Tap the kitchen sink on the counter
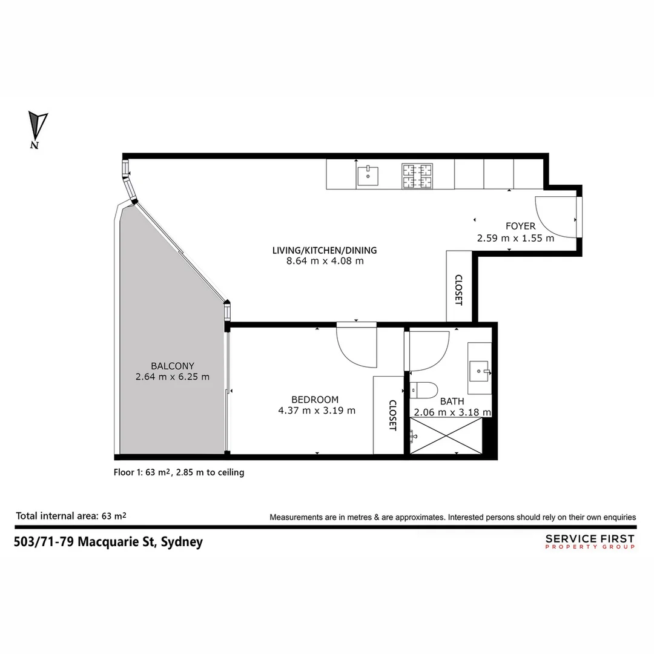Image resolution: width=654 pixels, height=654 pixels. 367,175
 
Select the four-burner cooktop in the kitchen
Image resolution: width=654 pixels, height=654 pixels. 417,175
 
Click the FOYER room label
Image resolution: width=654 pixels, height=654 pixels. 520,226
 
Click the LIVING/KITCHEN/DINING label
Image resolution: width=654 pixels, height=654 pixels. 325,250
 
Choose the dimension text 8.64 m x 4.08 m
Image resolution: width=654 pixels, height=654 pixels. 325,262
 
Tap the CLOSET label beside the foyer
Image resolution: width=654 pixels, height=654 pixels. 458,290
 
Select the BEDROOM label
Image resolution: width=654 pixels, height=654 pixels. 315,400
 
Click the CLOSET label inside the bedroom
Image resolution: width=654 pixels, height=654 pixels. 392,415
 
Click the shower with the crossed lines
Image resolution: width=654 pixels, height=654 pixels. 446,435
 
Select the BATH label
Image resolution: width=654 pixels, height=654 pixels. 452,401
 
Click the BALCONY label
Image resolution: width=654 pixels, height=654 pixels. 173,366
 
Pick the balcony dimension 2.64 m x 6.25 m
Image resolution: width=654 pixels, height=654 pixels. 173,377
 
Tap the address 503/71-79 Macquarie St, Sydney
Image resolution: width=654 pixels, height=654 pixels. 108,542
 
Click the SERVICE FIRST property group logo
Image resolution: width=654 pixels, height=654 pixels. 590,541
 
